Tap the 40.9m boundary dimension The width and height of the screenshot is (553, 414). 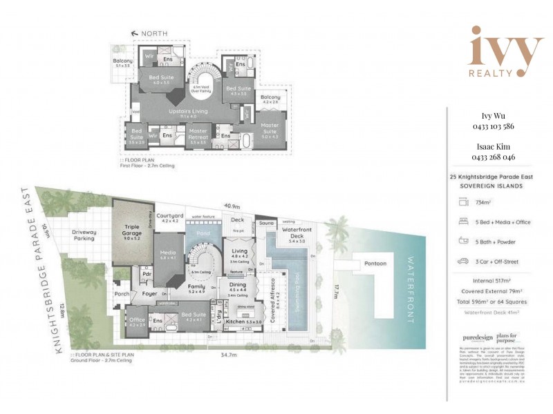[x=231, y=206]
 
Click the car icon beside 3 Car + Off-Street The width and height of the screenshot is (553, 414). [x=462, y=262]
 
